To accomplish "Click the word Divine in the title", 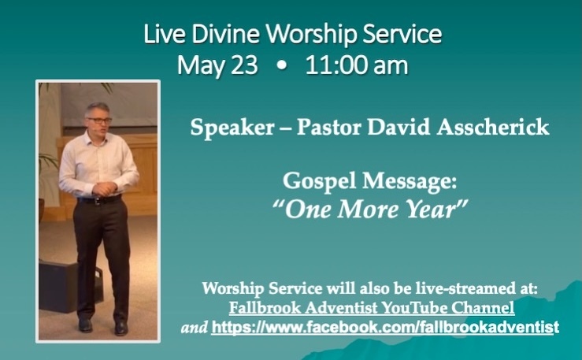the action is pos(225,34).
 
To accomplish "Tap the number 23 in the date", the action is pos(244,65).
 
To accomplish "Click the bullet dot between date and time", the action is pos(282,66).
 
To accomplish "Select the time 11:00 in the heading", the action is pos(336,65).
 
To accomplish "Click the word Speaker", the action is pos(232,128).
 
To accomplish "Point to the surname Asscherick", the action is pos(493,127).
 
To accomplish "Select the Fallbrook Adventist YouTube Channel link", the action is pos(372,308).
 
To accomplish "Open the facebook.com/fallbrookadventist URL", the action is pos(385,328).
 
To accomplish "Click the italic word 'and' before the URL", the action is pos(194,328).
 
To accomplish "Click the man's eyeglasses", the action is pos(99,121).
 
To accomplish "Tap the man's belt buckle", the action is pos(98,201).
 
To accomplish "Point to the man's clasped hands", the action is pos(105,188).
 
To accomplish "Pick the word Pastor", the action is pos(328,128).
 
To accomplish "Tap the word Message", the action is pos(410,182).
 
